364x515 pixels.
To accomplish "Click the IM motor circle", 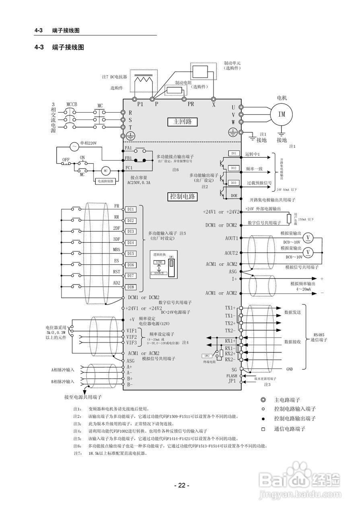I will point(282,114).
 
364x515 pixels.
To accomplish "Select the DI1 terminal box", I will point(130,209).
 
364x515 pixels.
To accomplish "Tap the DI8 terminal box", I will point(130,287).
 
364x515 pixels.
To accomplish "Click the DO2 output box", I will point(234,168).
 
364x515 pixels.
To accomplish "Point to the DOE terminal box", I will point(234,196).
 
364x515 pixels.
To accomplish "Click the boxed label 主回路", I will point(182,122).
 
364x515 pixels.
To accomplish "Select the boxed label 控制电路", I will point(182,196).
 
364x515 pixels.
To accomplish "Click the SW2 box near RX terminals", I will point(207,356).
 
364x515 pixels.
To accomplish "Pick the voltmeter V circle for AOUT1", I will point(308,237).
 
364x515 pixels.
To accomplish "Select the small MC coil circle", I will point(105,171).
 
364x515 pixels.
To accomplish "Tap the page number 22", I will point(182,485).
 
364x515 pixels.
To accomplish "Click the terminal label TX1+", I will point(230,308).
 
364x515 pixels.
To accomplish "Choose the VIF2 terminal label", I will point(132,337).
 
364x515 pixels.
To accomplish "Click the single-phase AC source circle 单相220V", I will point(74,146).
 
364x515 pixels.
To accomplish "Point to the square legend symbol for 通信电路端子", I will point(263,429).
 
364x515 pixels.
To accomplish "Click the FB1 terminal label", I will point(129,158).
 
